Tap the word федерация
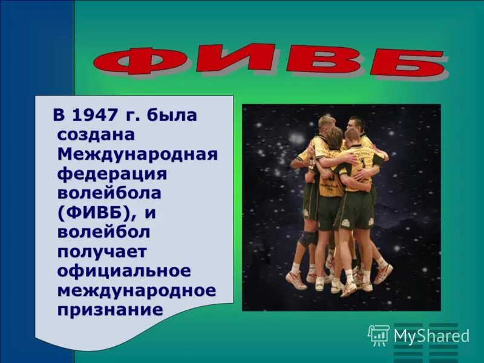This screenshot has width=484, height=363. click(x=112, y=174)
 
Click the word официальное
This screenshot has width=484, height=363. click(x=124, y=270)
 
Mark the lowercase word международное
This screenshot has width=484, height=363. click(x=136, y=290)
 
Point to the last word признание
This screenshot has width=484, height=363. click(x=110, y=310)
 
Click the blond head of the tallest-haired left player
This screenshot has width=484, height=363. click(x=327, y=123)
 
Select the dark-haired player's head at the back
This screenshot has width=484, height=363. click(x=356, y=125)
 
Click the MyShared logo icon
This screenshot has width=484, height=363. click(x=379, y=335)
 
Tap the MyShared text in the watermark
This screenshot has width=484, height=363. click(x=431, y=336)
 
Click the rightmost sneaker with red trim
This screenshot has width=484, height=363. click(x=383, y=274)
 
